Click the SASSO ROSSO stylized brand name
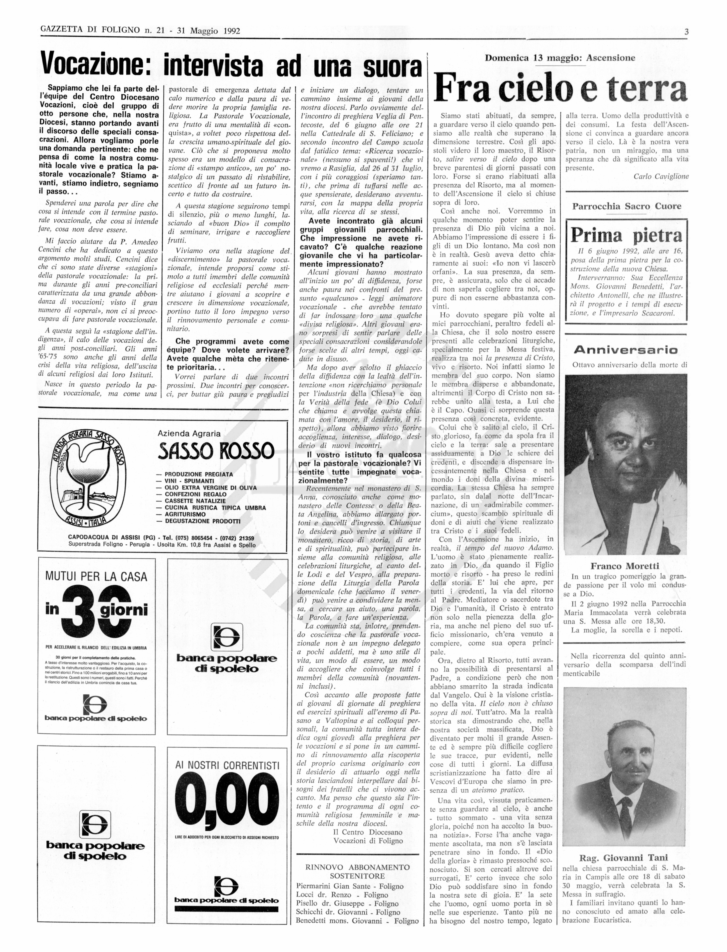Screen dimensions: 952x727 pyautogui.click(x=216, y=451)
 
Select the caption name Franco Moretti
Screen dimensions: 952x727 pyautogui.click(x=625, y=566)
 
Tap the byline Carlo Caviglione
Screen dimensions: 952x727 pyautogui.click(x=661, y=177)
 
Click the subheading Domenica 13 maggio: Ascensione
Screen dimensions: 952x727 pyautogui.click(x=559, y=58)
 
